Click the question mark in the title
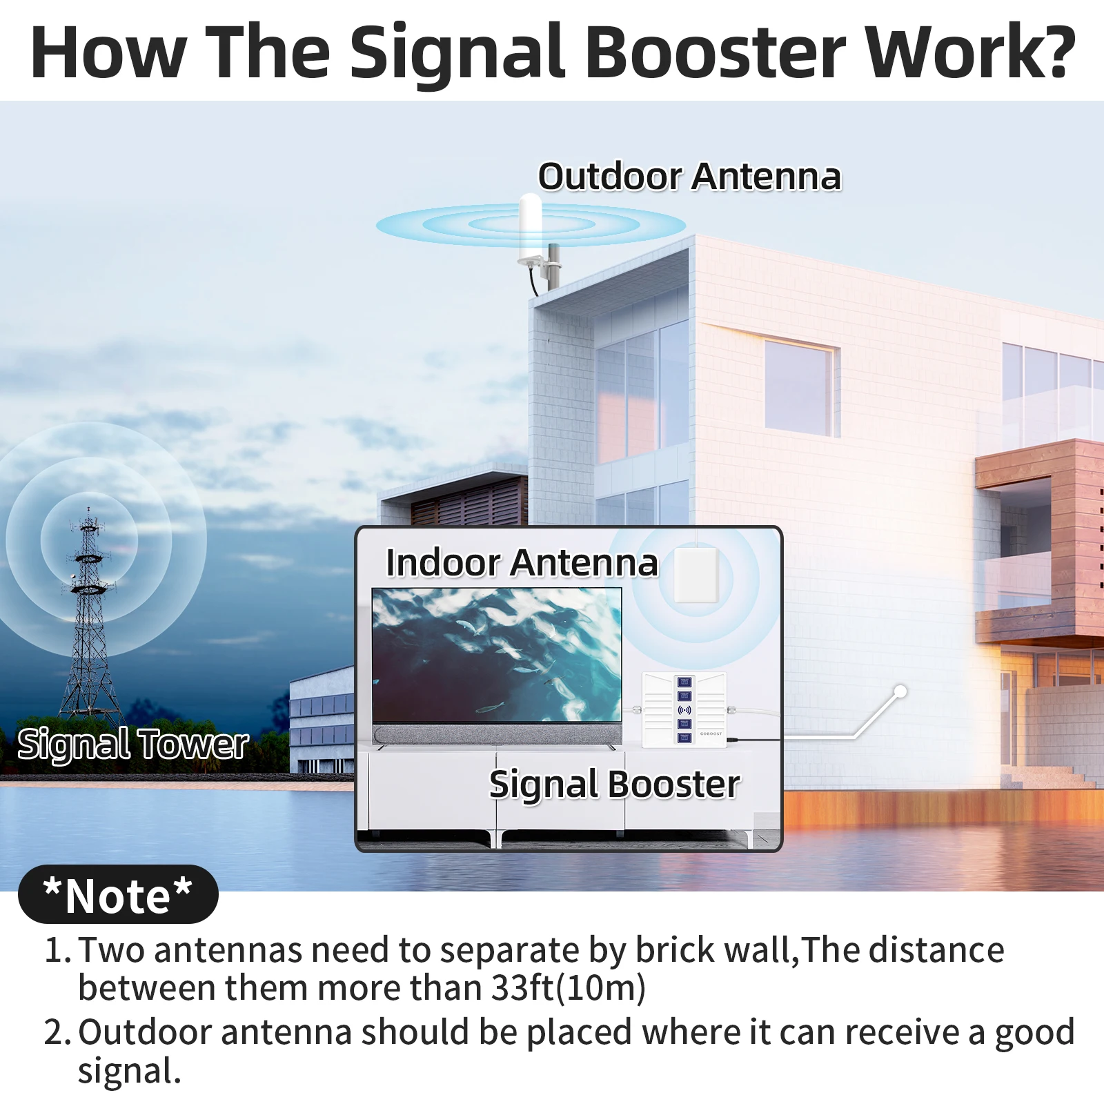click(1054, 52)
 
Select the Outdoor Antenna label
click(689, 176)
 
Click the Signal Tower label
click(132, 745)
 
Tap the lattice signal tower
click(88, 614)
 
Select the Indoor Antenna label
click(522, 562)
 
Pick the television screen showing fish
click(497, 655)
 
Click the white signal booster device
click(684, 710)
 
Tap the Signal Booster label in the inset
click(614, 785)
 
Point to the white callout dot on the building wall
click(900, 691)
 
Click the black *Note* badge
click(118, 894)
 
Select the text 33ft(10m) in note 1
click(569, 987)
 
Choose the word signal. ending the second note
click(129, 1072)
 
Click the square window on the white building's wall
click(801, 387)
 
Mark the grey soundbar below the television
click(497, 734)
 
